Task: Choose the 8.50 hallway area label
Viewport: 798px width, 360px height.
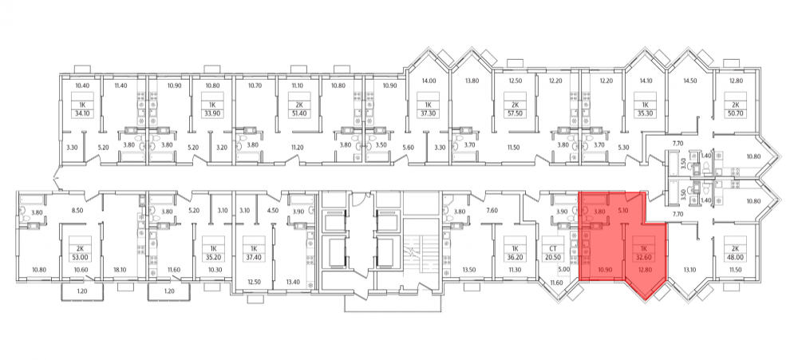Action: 78,210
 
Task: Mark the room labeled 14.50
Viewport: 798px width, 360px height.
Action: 690,81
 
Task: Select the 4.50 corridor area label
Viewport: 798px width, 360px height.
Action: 273,210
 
